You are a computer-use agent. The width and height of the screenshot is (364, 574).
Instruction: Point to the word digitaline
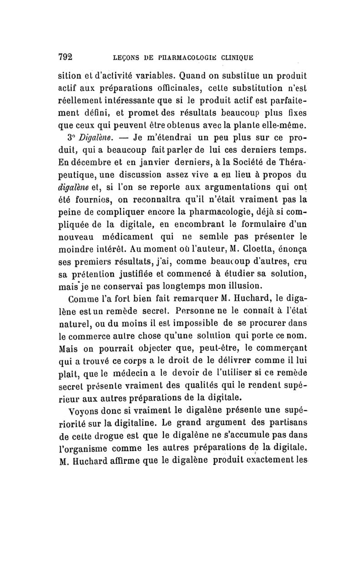pos(136,425)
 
